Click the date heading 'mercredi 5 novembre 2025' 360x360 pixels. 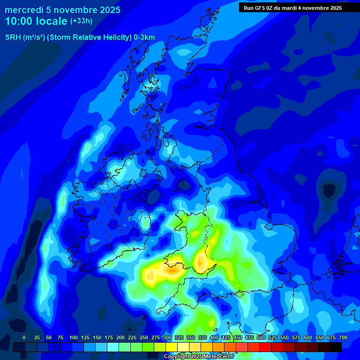point(62,10)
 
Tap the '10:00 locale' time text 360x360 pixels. point(36,21)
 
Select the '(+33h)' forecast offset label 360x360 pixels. point(81,21)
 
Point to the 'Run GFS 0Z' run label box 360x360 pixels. point(292,8)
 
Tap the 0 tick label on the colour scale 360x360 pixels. point(24,337)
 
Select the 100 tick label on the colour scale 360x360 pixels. point(73,337)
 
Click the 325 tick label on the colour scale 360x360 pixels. point(179,337)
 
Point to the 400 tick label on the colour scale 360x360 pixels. point(214,337)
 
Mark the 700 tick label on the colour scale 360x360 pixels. point(343,337)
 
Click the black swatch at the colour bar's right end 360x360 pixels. point(335,347)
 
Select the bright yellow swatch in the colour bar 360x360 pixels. point(172,347)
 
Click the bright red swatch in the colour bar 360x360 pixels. point(265,347)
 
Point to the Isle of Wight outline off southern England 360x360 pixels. point(240,294)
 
